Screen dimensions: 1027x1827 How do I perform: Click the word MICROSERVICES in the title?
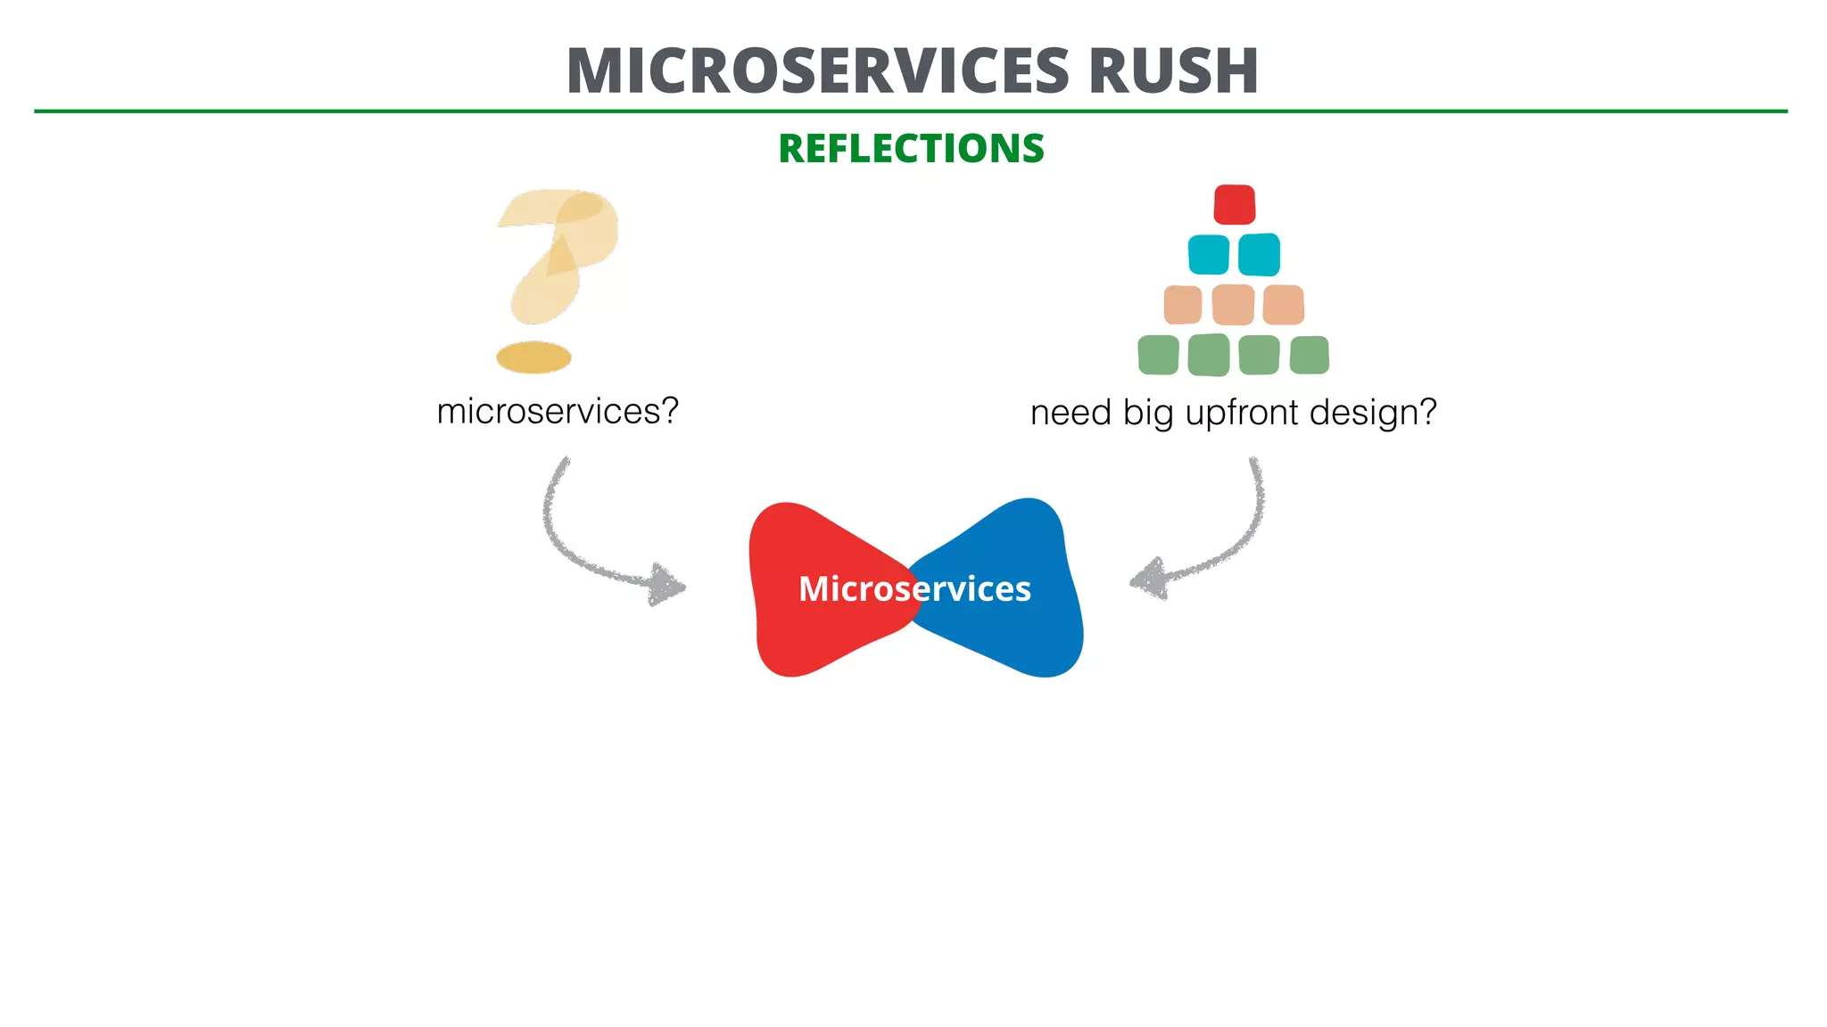pyautogui.click(x=817, y=70)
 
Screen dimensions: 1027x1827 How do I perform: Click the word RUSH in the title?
pyautogui.click(x=1173, y=70)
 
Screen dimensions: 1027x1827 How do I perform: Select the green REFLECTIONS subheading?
pyautogui.click(x=911, y=148)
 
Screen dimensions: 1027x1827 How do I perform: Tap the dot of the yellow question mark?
pyautogui.click(x=533, y=357)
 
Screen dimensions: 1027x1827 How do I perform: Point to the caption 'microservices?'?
pyautogui.click(x=558, y=412)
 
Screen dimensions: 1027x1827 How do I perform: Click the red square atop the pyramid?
pyautogui.click(x=1235, y=204)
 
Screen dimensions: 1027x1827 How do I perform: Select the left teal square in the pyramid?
pyautogui.click(x=1209, y=255)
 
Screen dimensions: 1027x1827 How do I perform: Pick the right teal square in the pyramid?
pyautogui.click(x=1260, y=255)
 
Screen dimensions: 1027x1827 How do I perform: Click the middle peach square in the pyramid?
pyautogui.click(x=1234, y=305)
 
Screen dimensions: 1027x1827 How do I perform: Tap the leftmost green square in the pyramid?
pyautogui.click(x=1158, y=355)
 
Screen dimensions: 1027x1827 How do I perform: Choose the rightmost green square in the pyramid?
pyautogui.click(x=1310, y=355)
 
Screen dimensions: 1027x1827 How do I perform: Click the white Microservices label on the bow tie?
pyautogui.click(x=914, y=589)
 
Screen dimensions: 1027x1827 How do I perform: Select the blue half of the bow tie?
pyautogui.click(x=1026, y=624)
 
